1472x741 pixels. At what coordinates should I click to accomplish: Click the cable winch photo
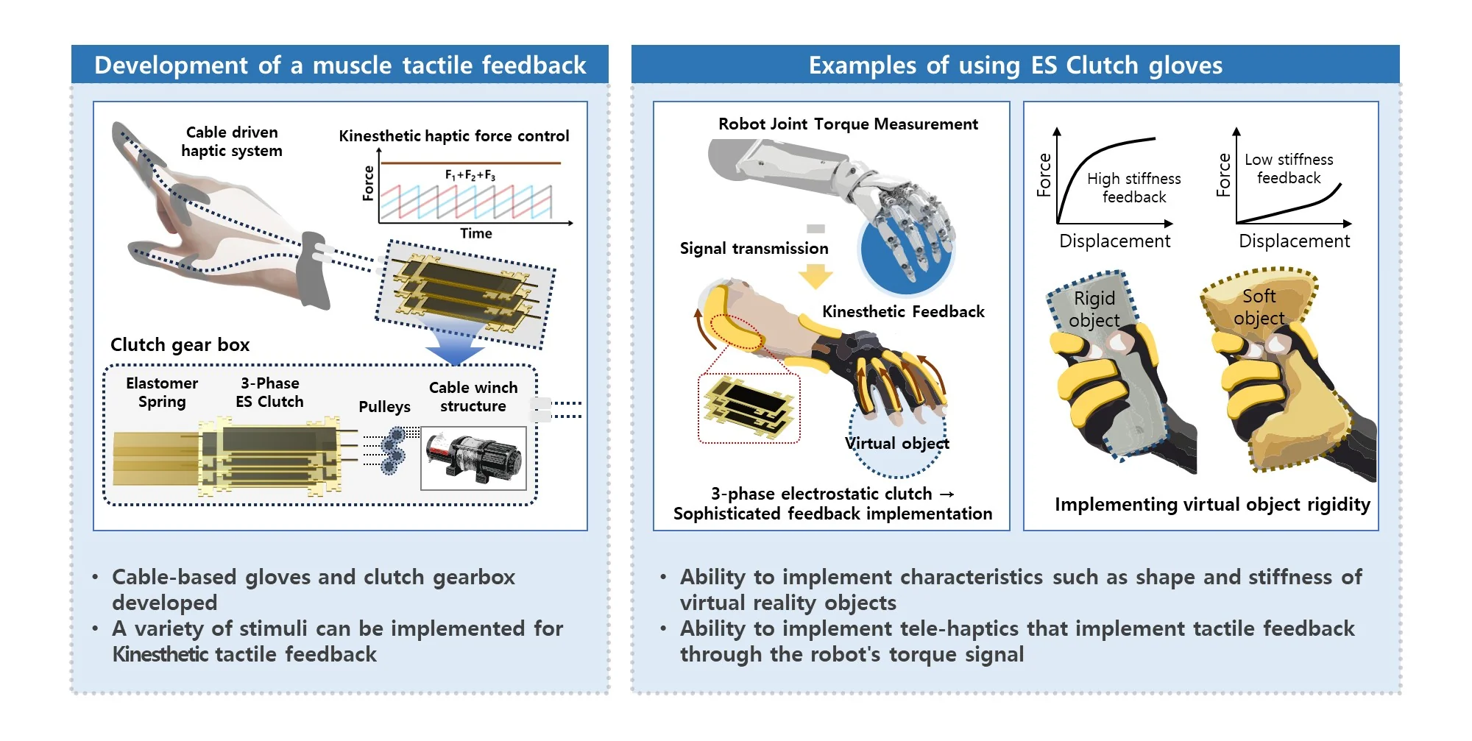473,458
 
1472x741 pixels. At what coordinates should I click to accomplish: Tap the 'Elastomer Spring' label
162,392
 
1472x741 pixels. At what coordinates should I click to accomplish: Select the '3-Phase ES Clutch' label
269,392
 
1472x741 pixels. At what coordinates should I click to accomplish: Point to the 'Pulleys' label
384,407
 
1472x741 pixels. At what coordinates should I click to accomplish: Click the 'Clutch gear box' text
180,344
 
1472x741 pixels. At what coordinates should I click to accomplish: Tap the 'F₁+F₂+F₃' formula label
470,175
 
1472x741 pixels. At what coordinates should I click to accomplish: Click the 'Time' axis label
476,233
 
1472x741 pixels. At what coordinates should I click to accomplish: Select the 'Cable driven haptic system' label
232,141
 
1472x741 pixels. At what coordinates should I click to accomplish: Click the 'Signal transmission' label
754,249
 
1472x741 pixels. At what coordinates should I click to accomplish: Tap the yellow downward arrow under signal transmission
815,277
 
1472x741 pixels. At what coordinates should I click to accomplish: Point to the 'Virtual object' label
897,443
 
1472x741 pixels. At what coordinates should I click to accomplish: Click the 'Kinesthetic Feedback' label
903,311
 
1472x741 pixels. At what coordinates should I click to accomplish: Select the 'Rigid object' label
1094,309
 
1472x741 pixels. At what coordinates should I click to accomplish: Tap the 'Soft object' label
1259,307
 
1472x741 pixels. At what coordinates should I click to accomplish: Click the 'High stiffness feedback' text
1134,188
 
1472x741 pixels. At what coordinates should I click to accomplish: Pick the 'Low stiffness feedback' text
1289,169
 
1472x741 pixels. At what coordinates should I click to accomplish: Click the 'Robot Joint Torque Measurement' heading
848,124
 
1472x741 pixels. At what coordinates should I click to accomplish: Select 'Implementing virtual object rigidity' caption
1212,504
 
